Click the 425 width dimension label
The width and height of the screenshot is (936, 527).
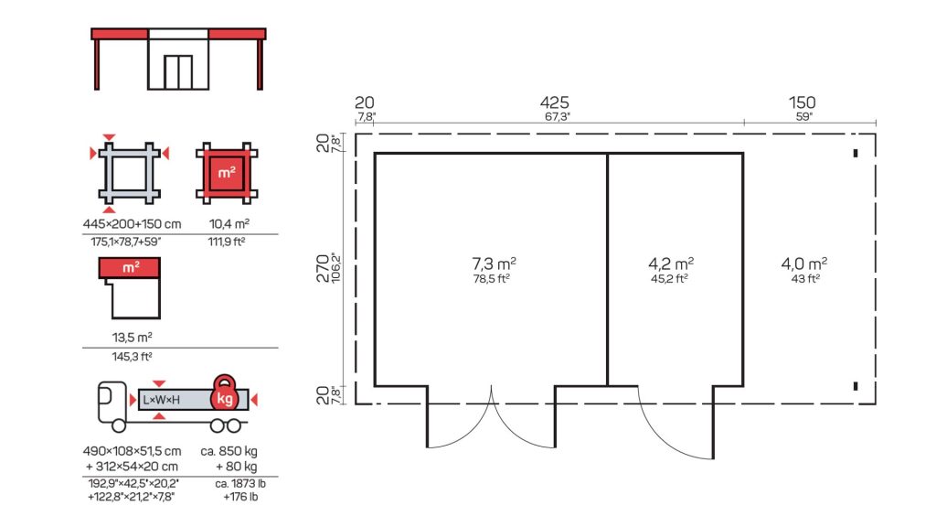pyautogui.click(x=555, y=102)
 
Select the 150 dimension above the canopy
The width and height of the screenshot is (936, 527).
pyautogui.click(x=803, y=102)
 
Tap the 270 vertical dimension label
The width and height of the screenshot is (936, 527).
pyautogui.click(x=323, y=268)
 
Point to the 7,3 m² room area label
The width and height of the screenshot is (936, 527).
pyautogui.click(x=494, y=263)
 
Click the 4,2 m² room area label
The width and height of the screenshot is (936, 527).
pyautogui.click(x=671, y=263)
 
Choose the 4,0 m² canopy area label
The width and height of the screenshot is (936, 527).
pyautogui.click(x=804, y=263)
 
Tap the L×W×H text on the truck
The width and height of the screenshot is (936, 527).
pyautogui.click(x=161, y=400)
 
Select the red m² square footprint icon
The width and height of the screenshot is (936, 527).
pyautogui.click(x=227, y=173)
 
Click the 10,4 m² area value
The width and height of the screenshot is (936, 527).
pyautogui.click(x=229, y=224)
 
